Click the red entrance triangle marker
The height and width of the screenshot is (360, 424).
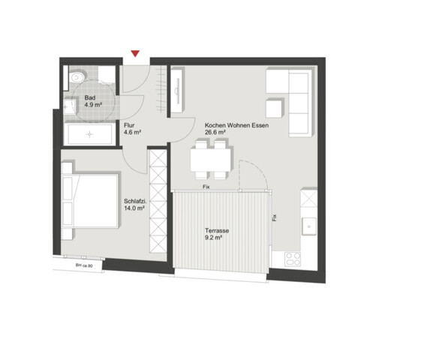tap(135, 53)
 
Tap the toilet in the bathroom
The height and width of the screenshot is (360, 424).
tap(77, 78)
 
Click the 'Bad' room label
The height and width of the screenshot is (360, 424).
tap(89, 98)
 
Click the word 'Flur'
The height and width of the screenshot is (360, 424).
tap(130, 126)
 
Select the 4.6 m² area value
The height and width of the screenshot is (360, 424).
tap(133, 133)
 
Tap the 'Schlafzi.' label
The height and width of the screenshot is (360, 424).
tap(135, 200)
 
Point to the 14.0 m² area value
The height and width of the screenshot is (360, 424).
tap(135, 208)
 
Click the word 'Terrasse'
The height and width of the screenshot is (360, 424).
tap(219, 229)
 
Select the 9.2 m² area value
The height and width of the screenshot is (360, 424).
tap(218, 238)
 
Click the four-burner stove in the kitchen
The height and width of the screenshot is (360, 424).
tap(291, 259)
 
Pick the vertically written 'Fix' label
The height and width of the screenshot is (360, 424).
tap(274, 219)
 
